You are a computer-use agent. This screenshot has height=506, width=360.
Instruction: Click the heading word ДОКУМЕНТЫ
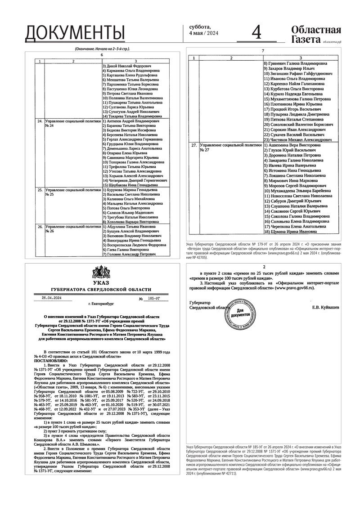click(x=75, y=33)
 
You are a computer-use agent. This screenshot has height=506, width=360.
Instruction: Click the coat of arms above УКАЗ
click(x=101, y=273)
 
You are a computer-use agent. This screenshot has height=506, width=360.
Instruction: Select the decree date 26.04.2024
click(x=51, y=298)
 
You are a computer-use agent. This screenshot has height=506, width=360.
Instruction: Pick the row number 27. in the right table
click(x=194, y=146)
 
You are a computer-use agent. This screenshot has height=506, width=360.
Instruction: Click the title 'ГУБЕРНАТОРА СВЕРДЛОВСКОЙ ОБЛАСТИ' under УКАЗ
click(x=101, y=290)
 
